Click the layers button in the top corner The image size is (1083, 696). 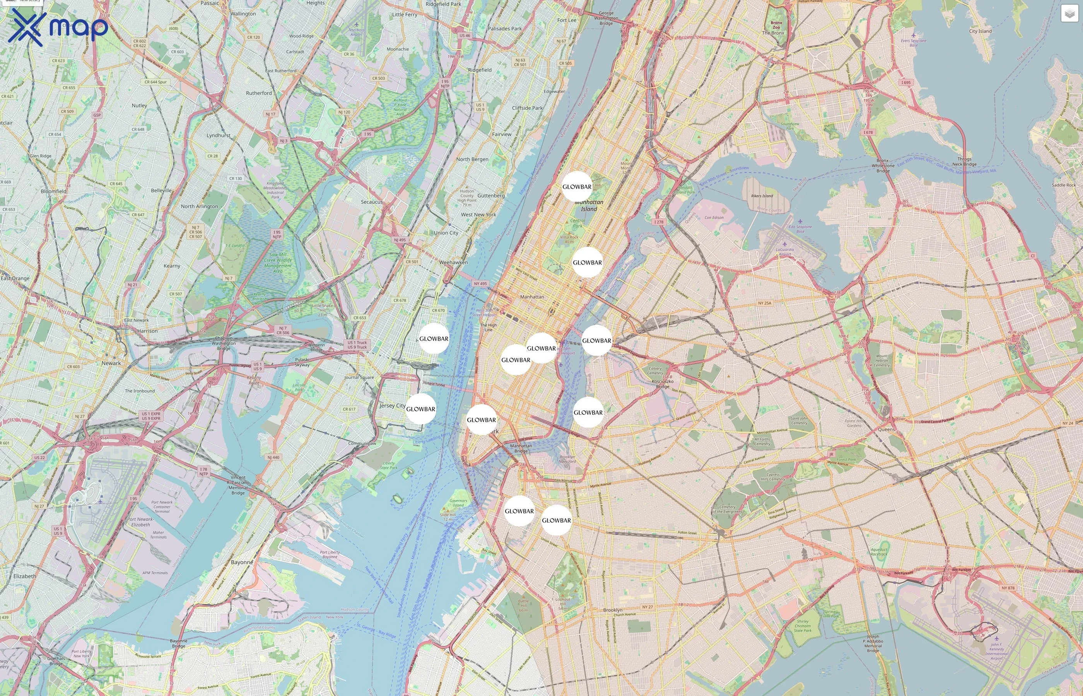click(1069, 14)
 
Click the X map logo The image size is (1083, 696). click(58, 27)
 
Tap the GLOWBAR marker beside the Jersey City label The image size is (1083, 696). click(420, 409)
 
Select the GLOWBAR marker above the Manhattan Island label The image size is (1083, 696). click(577, 187)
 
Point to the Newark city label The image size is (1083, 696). click(111, 363)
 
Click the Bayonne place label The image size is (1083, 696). click(242, 562)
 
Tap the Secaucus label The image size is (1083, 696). click(372, 202)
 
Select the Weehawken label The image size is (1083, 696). click(453, 262)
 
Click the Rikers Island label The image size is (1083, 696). click(762, 196)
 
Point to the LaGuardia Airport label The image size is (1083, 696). click(785, 251)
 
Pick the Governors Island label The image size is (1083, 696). click(458, 503)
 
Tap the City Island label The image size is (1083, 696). click(980, 31)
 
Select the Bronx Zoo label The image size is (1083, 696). click(776, 25)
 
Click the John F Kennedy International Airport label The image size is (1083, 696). click(996, 651)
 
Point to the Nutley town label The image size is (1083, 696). click(139, 105)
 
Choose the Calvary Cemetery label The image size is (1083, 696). click(655, 370)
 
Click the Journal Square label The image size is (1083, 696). click(359, 377)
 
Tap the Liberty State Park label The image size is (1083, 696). click(389, 465)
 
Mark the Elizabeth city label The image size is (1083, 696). click(25, 576)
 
